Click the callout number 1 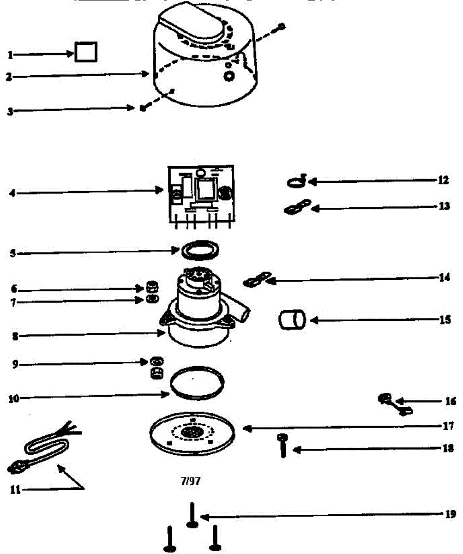[10, 55]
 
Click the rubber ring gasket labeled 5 [200, 251]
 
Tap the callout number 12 [443, 180]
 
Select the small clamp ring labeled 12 [296, 182]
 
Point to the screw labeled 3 [143, 108]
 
